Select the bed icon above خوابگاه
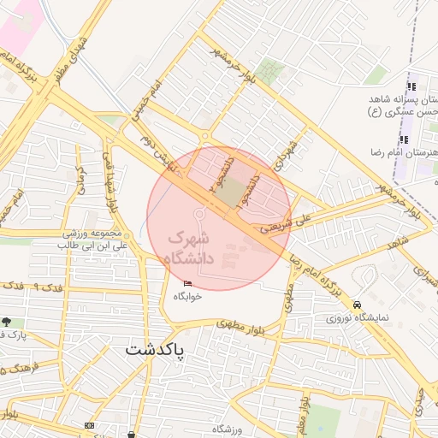pos(188,283)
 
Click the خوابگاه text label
pos(186,296)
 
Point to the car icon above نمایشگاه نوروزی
pos(357,304)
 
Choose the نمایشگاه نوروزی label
pos(354,317)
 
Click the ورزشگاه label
pos(228,428)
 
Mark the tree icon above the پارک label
pos(8,322)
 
